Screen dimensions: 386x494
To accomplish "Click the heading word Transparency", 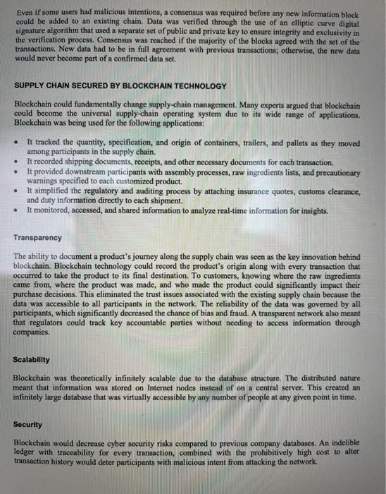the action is (38, 238).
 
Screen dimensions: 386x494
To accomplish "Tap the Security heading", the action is (28, 425).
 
